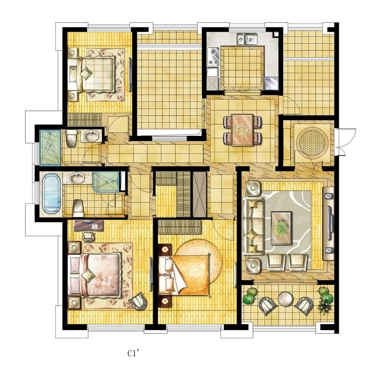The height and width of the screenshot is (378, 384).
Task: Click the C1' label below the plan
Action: (x=133, y=354)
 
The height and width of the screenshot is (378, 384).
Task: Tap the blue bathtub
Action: (x=51, y=194)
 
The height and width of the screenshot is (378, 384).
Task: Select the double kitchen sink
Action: (x=247, y=39)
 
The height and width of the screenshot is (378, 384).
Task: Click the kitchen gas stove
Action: (x=213, y=57)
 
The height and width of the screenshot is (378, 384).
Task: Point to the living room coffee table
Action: (x=281, y=228)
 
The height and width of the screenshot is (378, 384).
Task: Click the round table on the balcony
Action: (x=285, y=299)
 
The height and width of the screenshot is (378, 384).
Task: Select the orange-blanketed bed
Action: (x=184, y=274)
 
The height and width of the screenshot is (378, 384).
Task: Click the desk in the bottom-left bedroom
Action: (x=88, y=225)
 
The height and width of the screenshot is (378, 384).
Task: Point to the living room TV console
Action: (x=328, y=223)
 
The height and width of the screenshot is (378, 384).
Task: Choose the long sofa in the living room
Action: (x=253, y=226)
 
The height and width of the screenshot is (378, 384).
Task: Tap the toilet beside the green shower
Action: (x=71, y=138)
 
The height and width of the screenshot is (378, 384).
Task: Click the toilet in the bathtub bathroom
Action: (x=78, y=208)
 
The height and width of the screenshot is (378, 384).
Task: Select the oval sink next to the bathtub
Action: (x=77, y=178)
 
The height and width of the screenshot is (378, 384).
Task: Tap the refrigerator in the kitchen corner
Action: (x=271, y=83)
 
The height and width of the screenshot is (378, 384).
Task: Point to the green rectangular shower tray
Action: (x=50, y=148)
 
